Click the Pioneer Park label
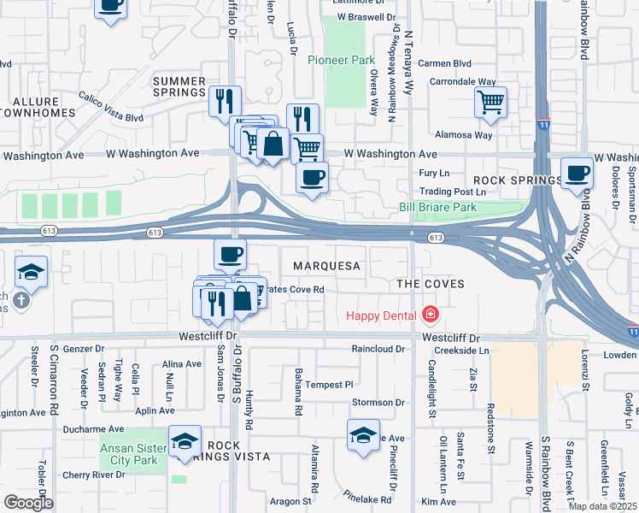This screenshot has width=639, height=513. pos(341,62)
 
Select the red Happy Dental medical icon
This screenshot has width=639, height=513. pos(430,315)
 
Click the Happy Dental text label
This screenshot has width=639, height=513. pos(382,315)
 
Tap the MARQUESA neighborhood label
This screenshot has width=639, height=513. pos(326,266)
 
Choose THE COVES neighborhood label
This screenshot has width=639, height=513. pos(430,283)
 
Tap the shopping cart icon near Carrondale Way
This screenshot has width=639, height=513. pos(491,103)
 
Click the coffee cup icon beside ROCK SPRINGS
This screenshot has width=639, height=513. pos(577,172)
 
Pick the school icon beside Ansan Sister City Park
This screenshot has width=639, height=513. pos(185,441)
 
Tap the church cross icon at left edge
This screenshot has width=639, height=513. pos(21,300)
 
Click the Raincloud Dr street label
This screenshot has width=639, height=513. pos(378,349)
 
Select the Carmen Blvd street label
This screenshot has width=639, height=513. pos(444,63)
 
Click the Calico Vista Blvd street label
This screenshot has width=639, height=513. pos(111,107)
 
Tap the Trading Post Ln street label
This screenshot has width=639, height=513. pos(446,192)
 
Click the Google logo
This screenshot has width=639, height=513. pos(28,503)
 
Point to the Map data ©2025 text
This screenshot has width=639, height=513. pos(601,506)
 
